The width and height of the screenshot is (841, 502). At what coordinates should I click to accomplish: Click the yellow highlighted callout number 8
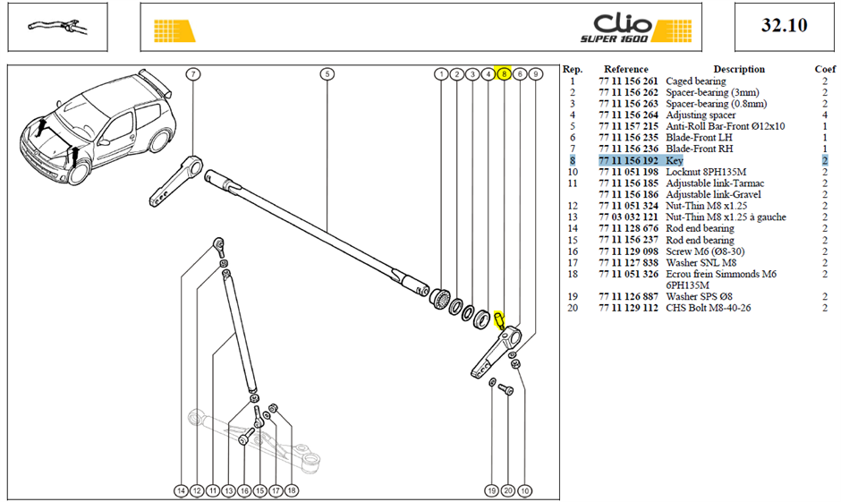[x=504, y=74]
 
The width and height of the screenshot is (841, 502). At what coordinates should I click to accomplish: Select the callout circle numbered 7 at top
[x=193, y=74]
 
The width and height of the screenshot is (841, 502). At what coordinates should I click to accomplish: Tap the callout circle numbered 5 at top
[x=327, y=74]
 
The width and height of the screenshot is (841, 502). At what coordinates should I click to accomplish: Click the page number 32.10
[x=784, y=25]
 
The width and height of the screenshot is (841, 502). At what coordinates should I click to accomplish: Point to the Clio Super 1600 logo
[x=636, y=28]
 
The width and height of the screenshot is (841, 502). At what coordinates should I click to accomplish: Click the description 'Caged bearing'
[x=696, y=81]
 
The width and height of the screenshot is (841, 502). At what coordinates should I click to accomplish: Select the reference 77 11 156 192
[x=628, y=160]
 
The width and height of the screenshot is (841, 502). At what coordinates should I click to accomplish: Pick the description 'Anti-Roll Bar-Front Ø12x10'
[x=726, y=126]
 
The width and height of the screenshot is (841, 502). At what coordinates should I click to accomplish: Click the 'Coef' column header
[x=825, y=69]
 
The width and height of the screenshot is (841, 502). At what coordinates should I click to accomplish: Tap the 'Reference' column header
[x=626, y=69]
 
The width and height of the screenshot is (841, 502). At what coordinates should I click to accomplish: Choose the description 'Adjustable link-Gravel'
[x=713, y=194]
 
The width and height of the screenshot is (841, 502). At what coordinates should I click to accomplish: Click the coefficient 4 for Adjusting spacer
[x=825, y=115]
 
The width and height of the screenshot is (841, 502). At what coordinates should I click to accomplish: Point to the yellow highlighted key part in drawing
[x=499, y=319]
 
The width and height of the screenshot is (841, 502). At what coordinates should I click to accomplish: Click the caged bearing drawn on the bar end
[x=441, y=298]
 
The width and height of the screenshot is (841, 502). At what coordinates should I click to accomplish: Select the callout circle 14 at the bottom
[x=182, y=490]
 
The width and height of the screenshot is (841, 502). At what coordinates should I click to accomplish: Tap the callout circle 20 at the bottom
[x=508, y=490]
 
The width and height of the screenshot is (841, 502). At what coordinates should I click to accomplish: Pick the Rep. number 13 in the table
[x=573, y=217]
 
